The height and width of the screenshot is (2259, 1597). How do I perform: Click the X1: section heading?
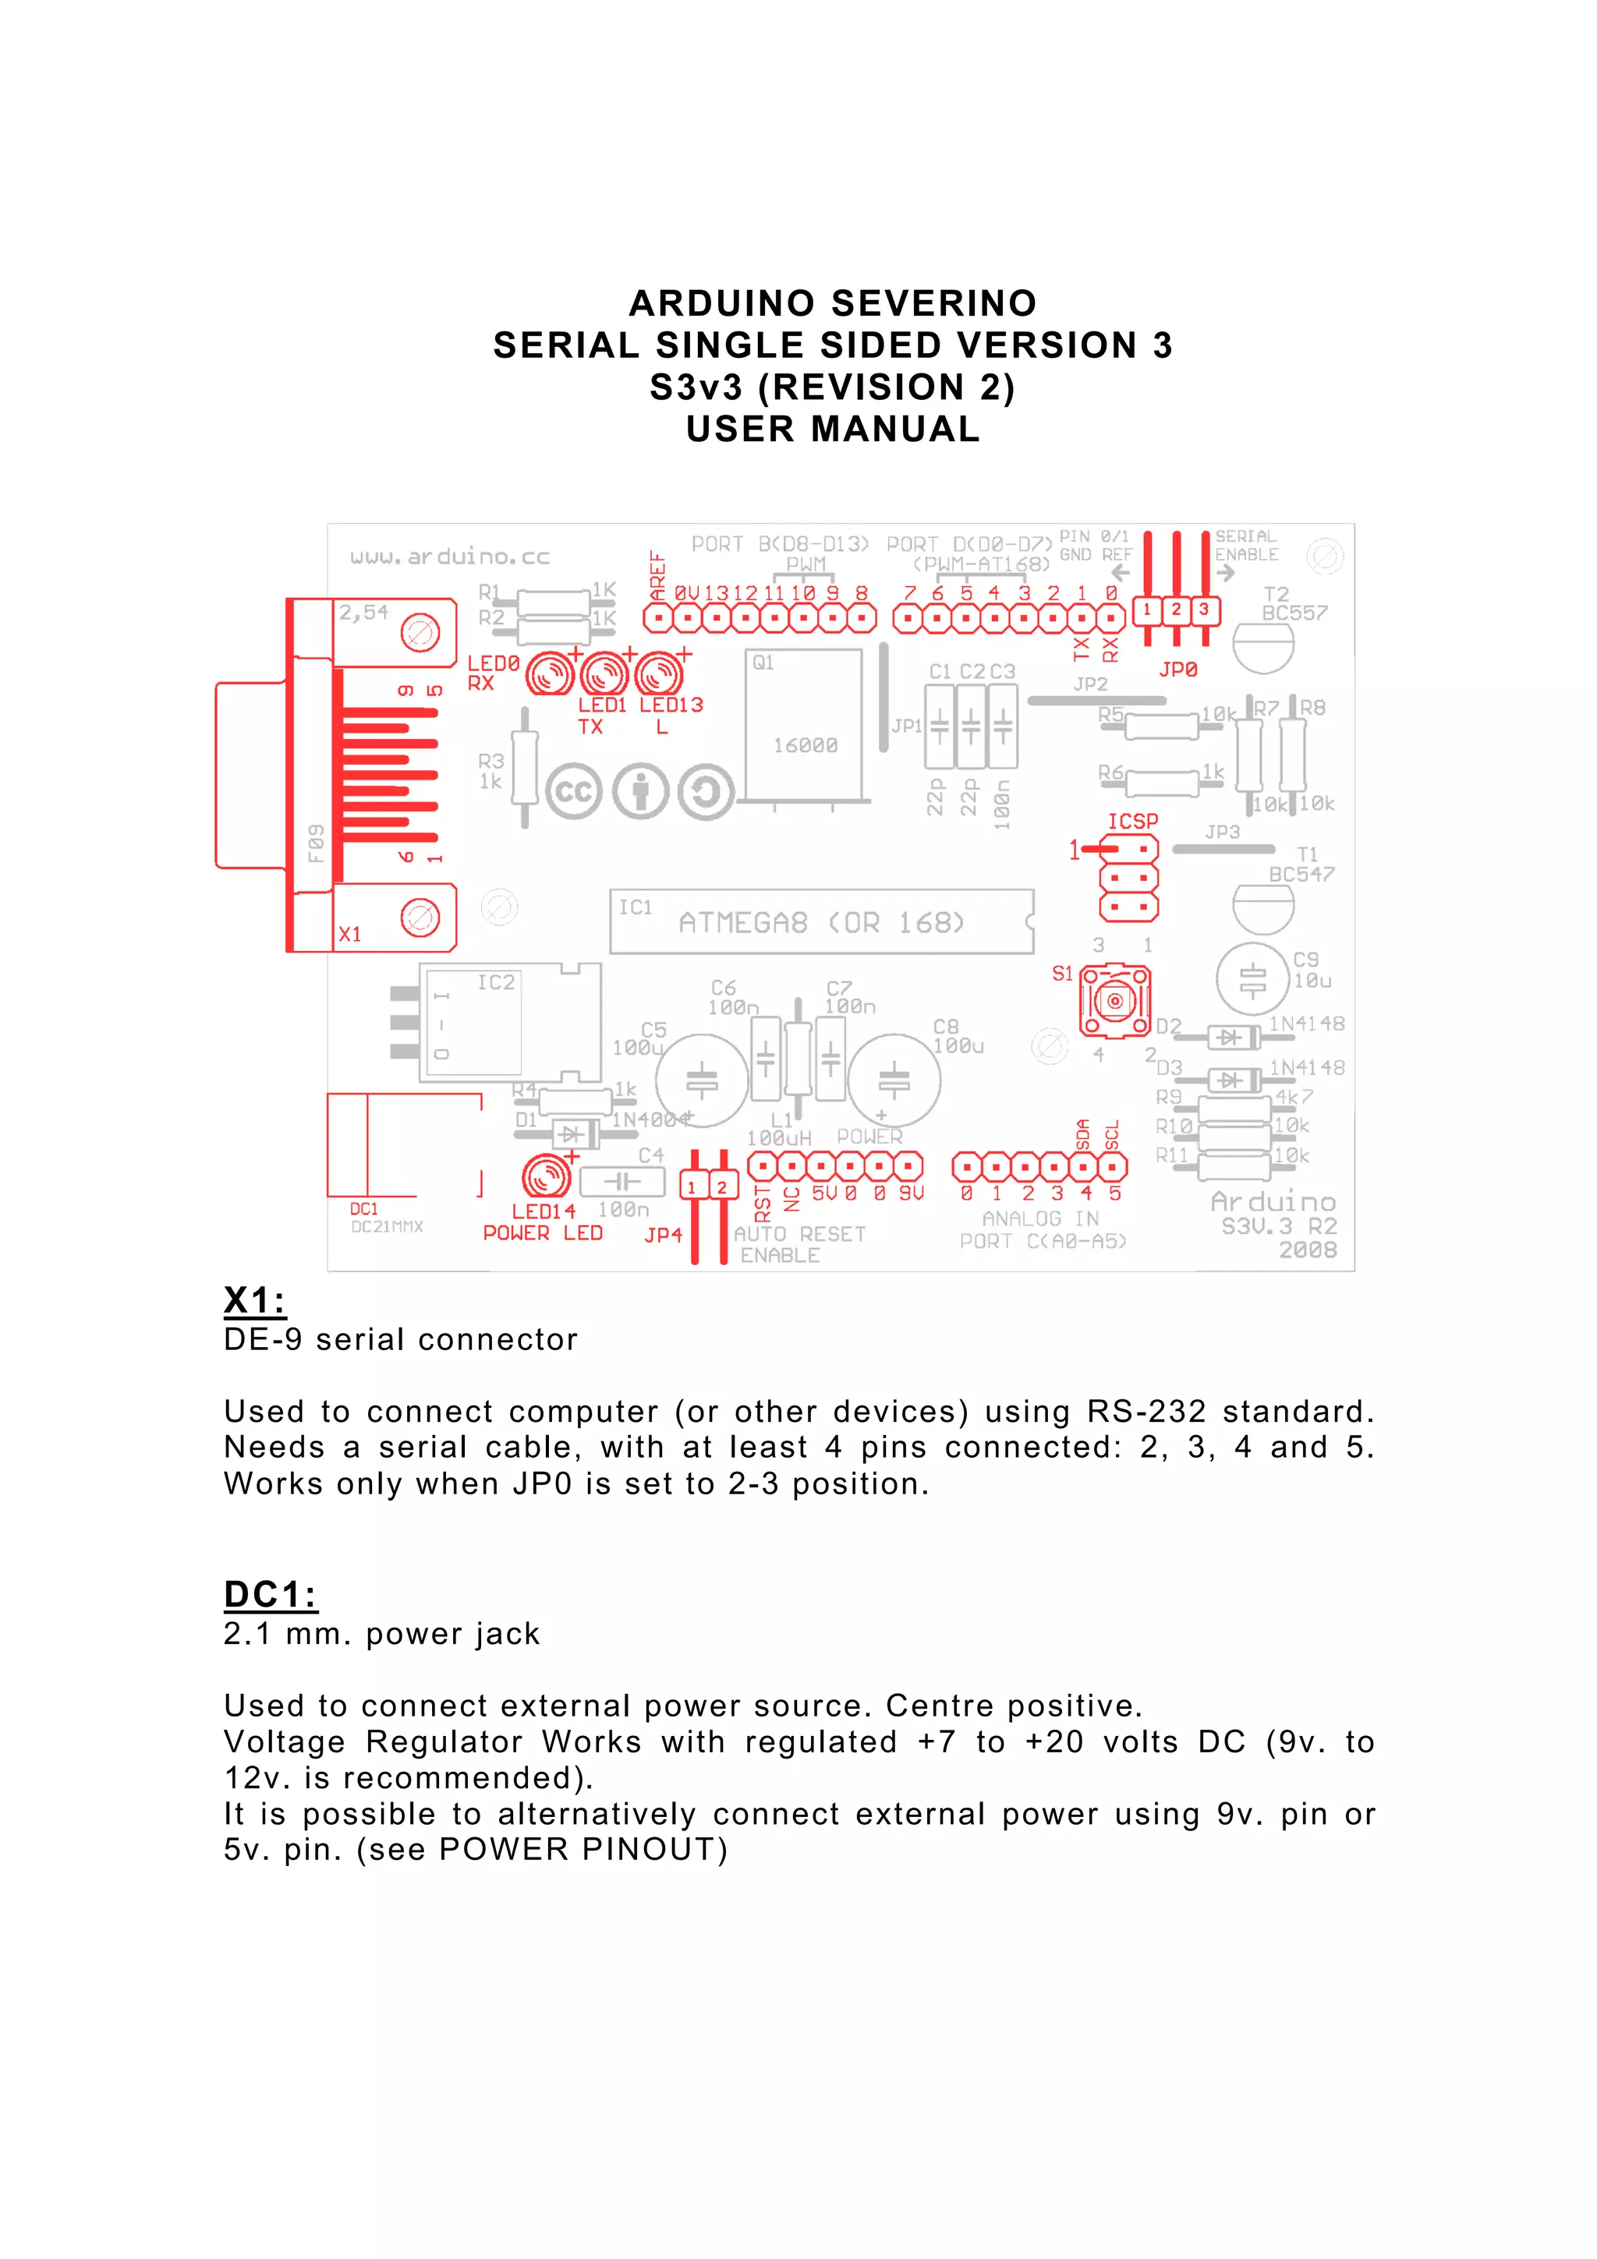tap(255, 1301)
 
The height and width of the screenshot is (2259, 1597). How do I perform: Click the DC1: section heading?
tap(271, 1595)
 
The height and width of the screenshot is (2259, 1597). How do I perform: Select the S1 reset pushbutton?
tap(1115, 1002)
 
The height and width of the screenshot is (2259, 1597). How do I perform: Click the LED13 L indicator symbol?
tap(659, 676)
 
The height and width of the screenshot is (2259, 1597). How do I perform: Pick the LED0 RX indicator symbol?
tap(550, 676)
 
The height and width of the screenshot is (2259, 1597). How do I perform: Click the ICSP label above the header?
tap(1132, 822)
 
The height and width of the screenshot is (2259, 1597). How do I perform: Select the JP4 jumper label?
tap(663, 1235)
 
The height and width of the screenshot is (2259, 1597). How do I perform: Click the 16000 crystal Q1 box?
tap(804, 726)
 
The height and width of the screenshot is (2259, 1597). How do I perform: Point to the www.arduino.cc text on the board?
tap(450, 557)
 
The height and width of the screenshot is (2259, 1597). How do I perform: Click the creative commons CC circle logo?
tap(574, 792)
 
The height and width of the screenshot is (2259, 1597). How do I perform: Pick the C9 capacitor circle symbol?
tap(1252, 980)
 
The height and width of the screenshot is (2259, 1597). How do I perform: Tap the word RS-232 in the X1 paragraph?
tap(1146, 1412)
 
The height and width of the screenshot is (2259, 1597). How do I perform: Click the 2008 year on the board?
tap(1308, 1250)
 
